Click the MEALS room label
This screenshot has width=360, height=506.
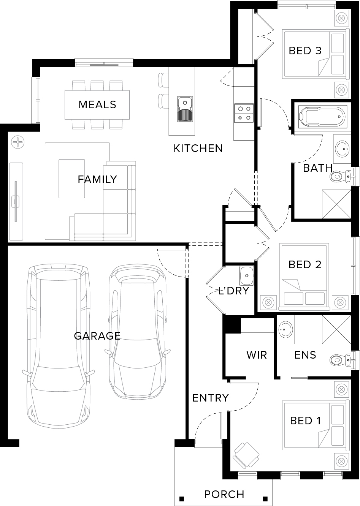(x=97, y=104)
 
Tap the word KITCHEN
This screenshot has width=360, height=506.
(x=198, y=149)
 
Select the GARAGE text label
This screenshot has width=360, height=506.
(x=97, y=336)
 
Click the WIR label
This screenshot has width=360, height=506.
(x=257, y=355)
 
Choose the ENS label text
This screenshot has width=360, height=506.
(x=305, y=355)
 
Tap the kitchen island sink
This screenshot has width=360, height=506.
(x=185, y=109)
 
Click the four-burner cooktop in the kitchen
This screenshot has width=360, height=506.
(x=244, y=113)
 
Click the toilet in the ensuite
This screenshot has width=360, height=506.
(x=341, y=359)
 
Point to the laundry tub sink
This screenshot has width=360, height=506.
(x=247, y=275)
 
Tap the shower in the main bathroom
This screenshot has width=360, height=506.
(x=336, y=204)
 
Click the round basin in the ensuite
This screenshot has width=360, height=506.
(x=285, y=330)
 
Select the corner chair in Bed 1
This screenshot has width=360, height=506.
(x=247, y=455)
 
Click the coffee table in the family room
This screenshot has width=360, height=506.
(x=72, y=179)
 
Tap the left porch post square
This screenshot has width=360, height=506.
(x=181, y=497)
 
